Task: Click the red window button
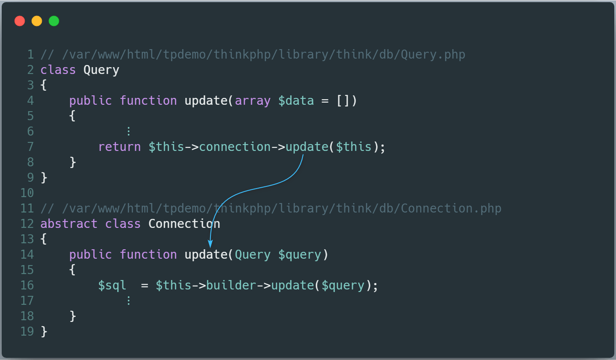[20, 21]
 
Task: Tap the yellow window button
[37, 21]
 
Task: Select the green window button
[54, 21]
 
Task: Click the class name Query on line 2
[101, 70]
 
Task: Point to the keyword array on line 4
[253, 101]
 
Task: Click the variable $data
[296, 100]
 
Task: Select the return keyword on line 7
[120, 147]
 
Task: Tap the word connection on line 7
[235, 147]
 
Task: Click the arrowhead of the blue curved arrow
[210, 244]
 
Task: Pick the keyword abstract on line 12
[69, 224]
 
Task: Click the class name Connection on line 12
[184, 224]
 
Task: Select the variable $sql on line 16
[112, 285]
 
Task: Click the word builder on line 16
[231, 285]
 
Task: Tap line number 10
[27, 193]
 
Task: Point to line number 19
[27, 331]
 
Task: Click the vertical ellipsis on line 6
[128, 131]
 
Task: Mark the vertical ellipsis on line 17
[128, 301]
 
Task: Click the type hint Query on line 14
[253, 255]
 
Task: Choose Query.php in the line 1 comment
[433, 55]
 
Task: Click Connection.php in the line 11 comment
[451, 208]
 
